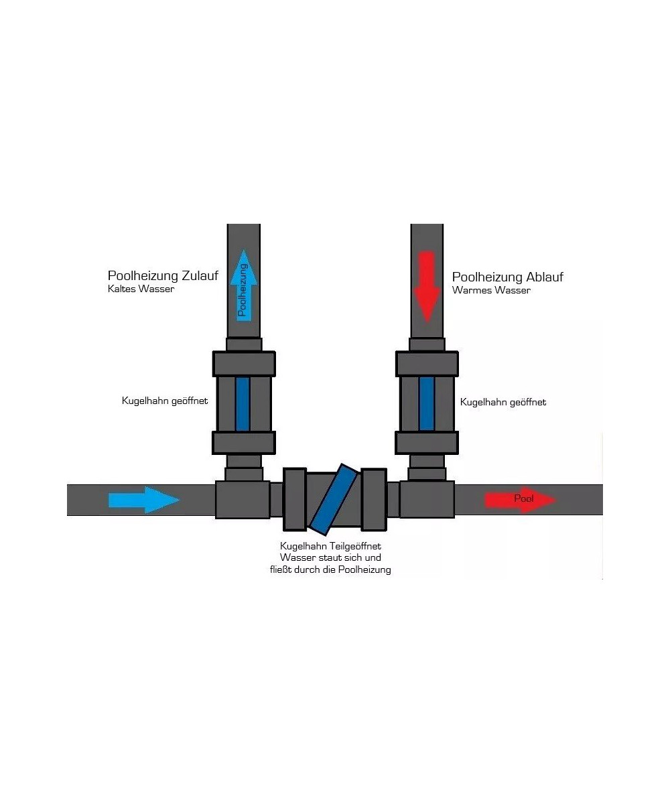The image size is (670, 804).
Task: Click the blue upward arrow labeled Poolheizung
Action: coord(243,284)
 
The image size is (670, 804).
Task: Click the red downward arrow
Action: coord(427,286)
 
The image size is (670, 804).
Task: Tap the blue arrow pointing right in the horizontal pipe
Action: coord(144,500)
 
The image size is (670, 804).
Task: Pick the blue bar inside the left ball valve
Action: coord(243,403)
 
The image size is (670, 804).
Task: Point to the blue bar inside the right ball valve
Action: coord(426,403)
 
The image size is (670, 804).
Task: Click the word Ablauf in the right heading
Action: coord(544,277)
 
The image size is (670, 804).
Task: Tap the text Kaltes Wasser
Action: coord(141,289)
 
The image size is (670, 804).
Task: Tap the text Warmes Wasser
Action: coord(491,291)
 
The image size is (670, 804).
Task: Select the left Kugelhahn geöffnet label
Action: coord(165,401)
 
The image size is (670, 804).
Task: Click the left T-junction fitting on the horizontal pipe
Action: coord(242,499)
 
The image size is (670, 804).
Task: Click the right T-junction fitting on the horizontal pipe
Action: coord(427,499)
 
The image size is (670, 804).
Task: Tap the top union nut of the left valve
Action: coord(244,364)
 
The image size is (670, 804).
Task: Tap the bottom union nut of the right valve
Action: coord(427,443)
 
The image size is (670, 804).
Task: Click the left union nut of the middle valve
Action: coord(295,500)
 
